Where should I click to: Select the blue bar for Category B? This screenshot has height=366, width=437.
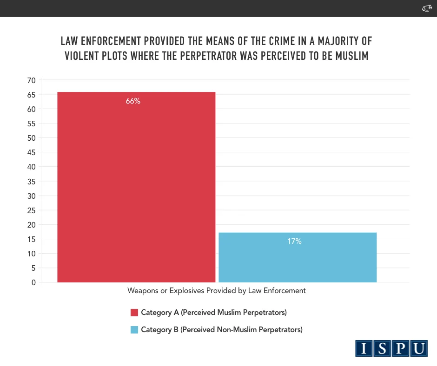click(298, 257)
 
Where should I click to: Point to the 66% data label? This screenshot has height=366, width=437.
click(133, 101)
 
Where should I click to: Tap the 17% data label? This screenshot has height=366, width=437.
click(294, 242)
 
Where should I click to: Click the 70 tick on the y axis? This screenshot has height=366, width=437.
click(31, 80)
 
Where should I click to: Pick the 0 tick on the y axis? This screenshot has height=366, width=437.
click(33, 282)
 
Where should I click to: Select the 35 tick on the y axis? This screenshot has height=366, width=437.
click(31, 181)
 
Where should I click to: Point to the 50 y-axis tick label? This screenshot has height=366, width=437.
click(31, 138)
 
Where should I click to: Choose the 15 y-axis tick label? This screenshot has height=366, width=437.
click(31, 239)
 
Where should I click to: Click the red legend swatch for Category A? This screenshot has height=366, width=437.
click(135, 312)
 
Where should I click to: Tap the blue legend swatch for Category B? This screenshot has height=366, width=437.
click(135, 330)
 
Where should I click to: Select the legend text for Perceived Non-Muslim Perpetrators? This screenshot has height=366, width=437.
click(222, 330)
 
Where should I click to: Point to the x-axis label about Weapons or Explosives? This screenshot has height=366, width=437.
click(217, 290)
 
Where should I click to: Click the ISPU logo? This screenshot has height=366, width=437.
click(391, 348)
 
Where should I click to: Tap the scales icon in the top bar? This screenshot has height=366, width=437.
click(427, 8)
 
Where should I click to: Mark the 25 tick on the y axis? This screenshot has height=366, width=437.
click(31, 210)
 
